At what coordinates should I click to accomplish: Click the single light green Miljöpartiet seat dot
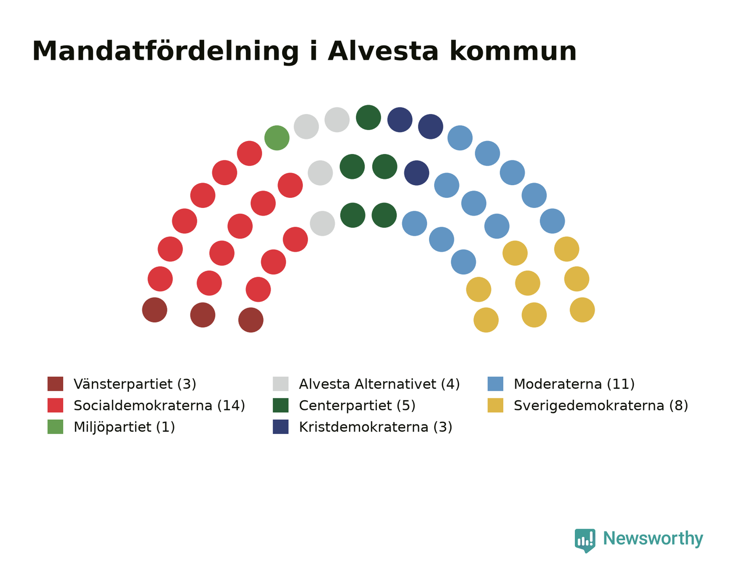tap(277, 138)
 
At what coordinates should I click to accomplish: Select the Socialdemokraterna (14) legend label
tap(160, 406)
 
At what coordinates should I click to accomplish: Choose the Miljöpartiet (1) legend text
tap(124, 427)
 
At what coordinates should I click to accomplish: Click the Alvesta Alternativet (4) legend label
tap(379, 384)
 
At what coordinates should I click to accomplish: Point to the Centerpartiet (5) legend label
tap(357, 406)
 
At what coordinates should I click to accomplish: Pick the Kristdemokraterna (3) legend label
tap(375, 427)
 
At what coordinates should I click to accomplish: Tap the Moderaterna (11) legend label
tap(574, 384)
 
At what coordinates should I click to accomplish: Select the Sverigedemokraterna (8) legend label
tap(601, 406)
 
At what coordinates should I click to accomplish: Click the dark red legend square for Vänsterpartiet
tap(55, 384)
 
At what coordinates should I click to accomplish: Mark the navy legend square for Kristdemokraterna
tap(281, 427)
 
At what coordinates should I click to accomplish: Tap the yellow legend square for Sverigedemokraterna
tap(495, 405)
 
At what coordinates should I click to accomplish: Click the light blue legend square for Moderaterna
tap(495, 384)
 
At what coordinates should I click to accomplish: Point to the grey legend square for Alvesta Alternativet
tap(281, 384)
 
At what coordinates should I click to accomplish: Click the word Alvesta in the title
tap(383, 52)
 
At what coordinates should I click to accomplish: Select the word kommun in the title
tap(513, 52)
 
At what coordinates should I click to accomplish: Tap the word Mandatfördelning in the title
tap(165, 52)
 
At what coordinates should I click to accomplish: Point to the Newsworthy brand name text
tap(653, 539)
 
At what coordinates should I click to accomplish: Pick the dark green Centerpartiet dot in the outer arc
tap(368, 117)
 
